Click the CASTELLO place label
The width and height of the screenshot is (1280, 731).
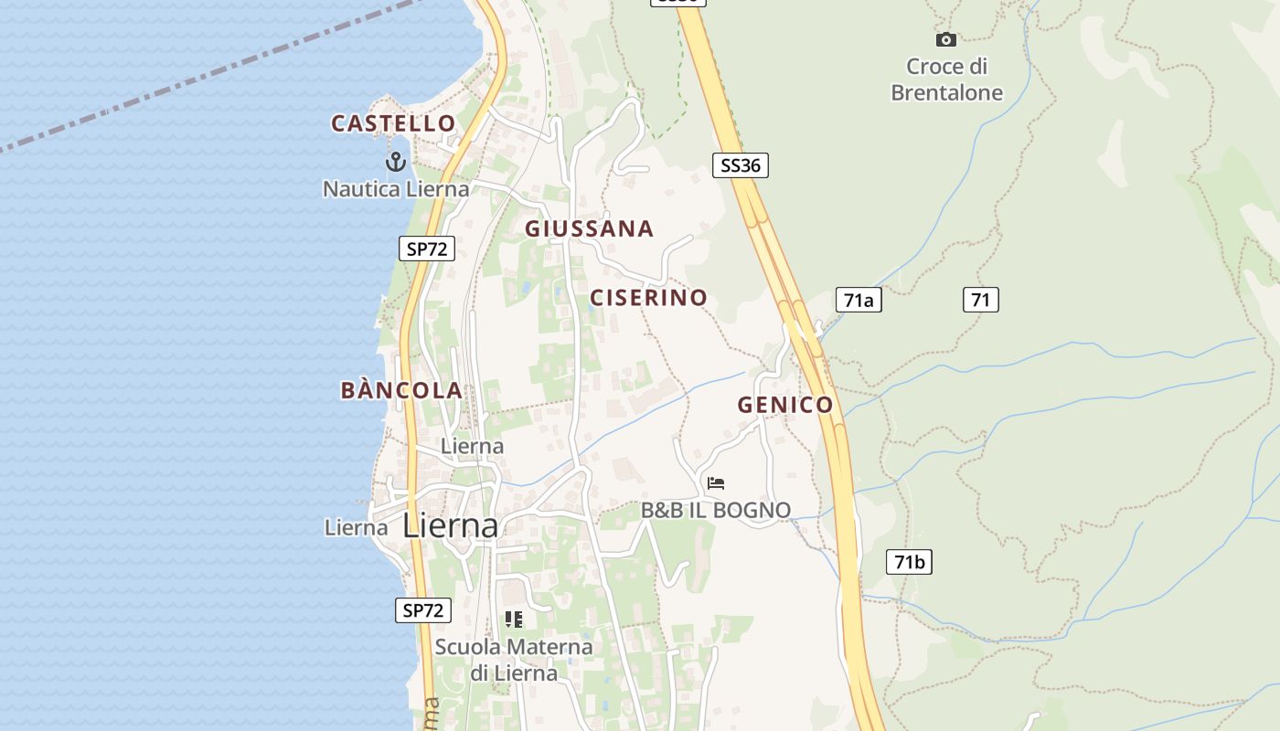pyautogui.click(x=393, y=123)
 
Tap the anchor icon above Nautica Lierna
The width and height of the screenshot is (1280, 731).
pyautogui.click(x=395, y=163)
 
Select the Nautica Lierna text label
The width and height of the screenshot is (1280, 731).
pyautogui.click(x=396, y=189)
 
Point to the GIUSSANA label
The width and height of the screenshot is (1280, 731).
pyautogui.click(x=589, y=228)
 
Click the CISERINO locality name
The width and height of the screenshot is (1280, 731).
pyautogui.click(x=648, y=297)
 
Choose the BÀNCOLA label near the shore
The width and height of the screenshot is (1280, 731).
pyautogui.click(x=401, y=390)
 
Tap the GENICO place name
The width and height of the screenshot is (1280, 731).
pyautogui.click(x=785, y=405)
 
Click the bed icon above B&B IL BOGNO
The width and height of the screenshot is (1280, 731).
pyautogui.click(x=716, y=482)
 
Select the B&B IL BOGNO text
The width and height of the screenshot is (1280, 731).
pyautogui.click(x=716, y=510)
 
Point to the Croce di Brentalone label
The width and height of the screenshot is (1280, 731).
pyautogui.click(x=946, y=79)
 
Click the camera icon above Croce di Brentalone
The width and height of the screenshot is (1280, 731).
pyautogui.click(x=946, y=39)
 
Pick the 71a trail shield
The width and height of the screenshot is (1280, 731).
pyautogui.click(x=859, y=300)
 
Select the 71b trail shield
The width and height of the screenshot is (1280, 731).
pyautogui.click(x=909, y=562)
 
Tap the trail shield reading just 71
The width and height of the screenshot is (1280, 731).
pyautogui.click(x=980, y=299)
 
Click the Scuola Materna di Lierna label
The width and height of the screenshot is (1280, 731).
pyautogui.click(x=514, y=660)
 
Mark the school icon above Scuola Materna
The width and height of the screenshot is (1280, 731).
pyautogui.click(x=514, y=620)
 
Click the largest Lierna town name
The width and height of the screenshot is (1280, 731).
pyautogui.click(x=451, y=525)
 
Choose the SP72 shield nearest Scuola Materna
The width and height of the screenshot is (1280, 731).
pyautogui.click(x=423, y=610)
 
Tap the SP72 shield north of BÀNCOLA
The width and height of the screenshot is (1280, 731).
pyautogui.click(x=427, y=249)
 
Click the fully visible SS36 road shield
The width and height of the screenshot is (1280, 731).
pyautogui.click(x=740, y=165)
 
